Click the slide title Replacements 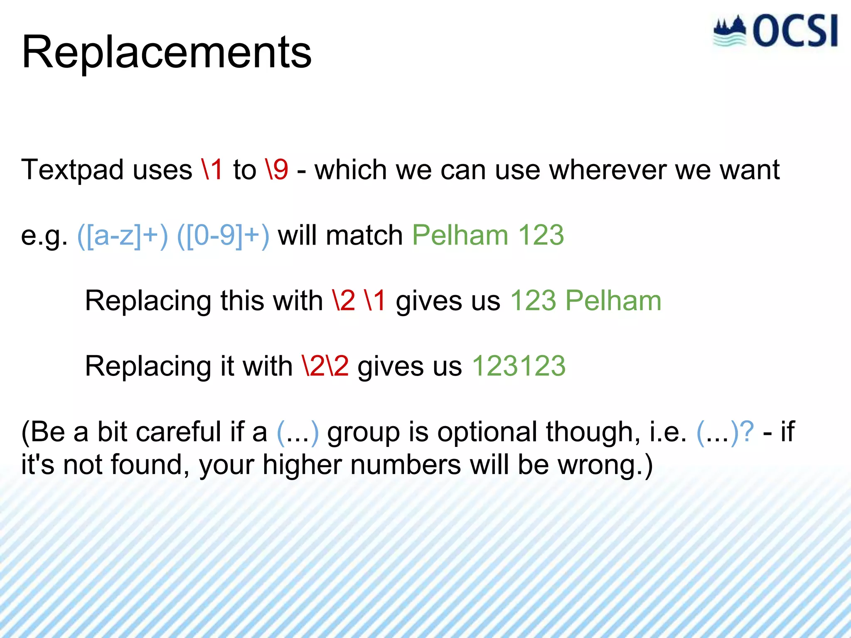pos(166,53)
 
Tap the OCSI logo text pos(795,31)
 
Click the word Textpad pos(72,170)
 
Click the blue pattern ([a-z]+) pos(123,236)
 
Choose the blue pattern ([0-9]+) pos(223,236)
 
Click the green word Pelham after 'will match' pos(460,235)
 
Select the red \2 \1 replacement pos(359,301)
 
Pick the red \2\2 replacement pos(325,366)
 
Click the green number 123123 pos(519,366)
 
